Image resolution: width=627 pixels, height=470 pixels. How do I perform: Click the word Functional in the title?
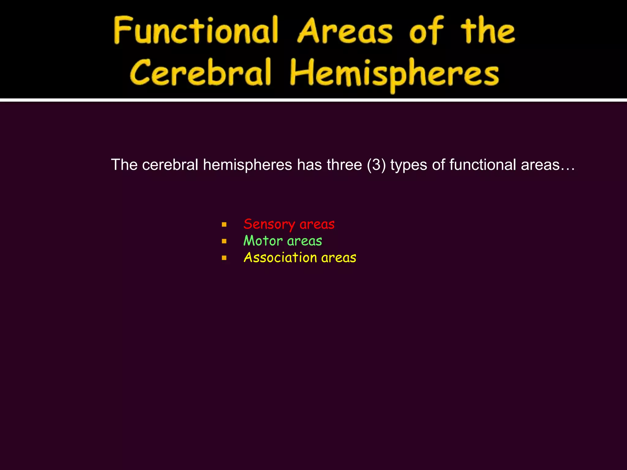[196, 31]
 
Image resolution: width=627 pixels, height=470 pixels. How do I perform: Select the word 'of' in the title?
[426, 31]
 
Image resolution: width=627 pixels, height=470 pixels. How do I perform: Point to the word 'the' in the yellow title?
[488, 31]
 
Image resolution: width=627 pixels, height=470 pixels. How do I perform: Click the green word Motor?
[263, 241]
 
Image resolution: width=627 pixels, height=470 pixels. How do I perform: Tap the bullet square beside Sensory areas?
[224, 225]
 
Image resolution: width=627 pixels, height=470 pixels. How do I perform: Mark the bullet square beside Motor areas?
[224, 241]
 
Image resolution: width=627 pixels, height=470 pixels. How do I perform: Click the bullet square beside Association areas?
[224, 258]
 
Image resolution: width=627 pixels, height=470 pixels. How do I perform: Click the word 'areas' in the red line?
[317, 224]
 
